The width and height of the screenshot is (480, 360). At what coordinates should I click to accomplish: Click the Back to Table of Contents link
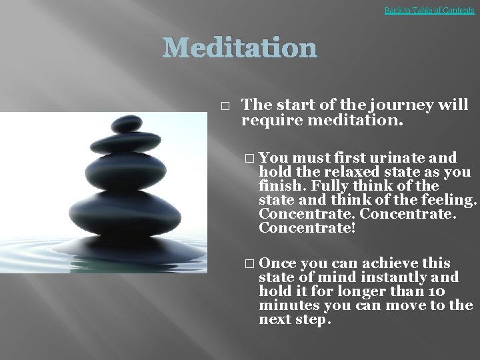(x=429, y=11)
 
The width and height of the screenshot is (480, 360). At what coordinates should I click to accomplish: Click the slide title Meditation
(x=240, y=48)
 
